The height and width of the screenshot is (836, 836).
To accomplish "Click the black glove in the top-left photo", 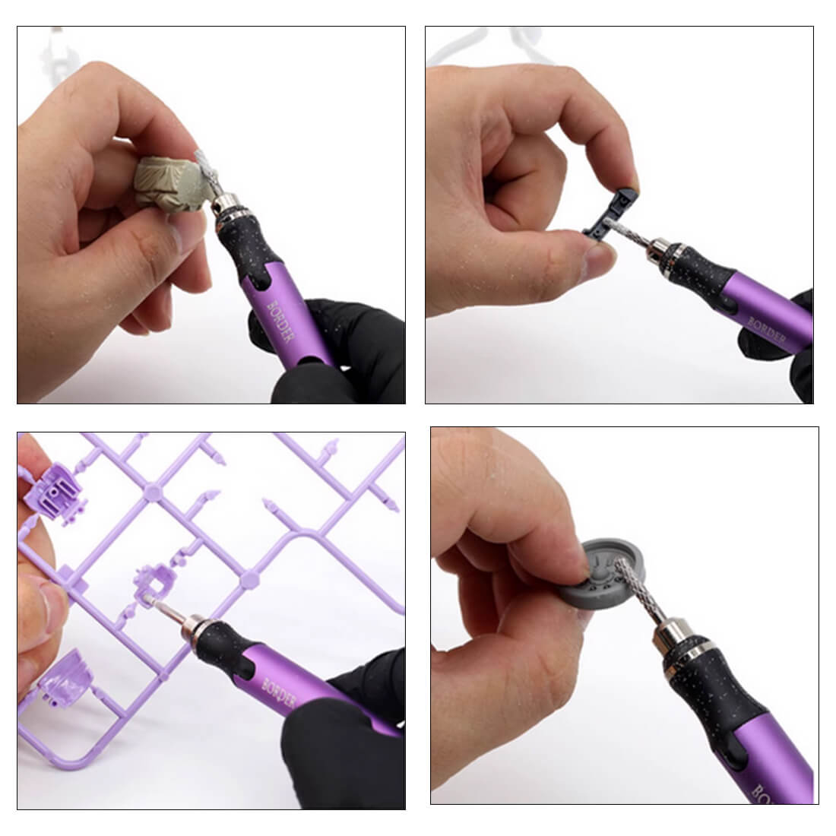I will coord(342,350).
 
